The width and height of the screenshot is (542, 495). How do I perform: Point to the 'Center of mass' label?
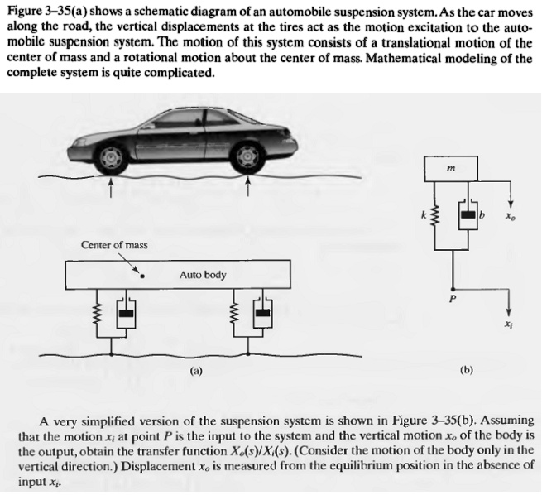point(114,246)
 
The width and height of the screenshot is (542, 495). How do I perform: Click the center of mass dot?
point(143,277)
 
